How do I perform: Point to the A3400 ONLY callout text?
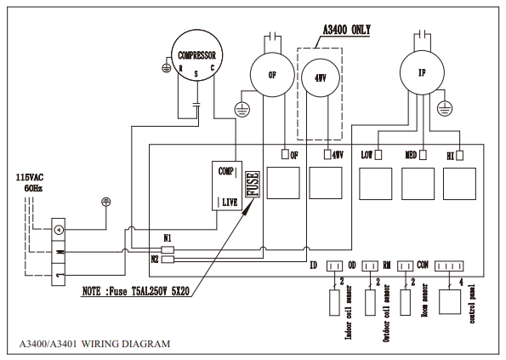347,30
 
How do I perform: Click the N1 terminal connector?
168,249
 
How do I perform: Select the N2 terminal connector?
168,260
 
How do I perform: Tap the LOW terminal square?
378,155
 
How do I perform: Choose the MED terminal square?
423,155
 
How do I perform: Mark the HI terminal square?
460,156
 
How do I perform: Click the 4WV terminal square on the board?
327,155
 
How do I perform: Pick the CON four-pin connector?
449,266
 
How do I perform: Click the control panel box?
450,301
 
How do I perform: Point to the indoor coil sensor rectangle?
334,302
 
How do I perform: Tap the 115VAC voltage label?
30,177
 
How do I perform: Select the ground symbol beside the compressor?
166,68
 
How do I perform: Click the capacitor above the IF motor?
422,33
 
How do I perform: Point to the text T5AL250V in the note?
149,291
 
